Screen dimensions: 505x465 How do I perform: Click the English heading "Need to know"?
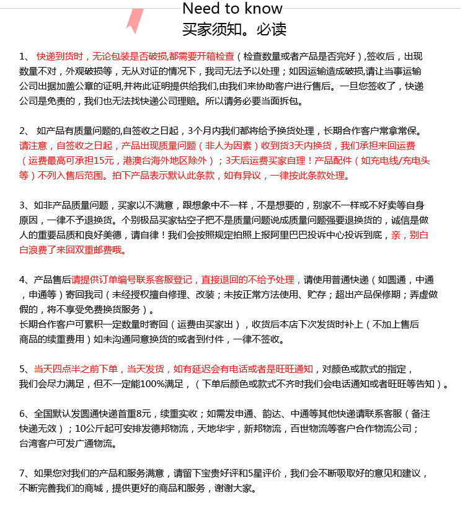pos(232,9)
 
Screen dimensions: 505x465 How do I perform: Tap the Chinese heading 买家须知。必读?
pos(234,29)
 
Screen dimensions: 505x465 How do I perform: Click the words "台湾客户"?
pos(38,444)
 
